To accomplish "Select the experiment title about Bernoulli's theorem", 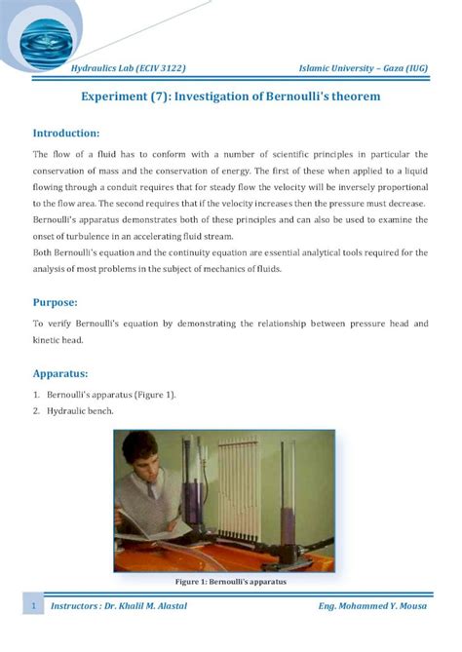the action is click(230, 97).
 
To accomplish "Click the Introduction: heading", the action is click(66, 133).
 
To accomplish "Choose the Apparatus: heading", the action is click(62, 372).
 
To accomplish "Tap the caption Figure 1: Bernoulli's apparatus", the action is click(230, 582).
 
